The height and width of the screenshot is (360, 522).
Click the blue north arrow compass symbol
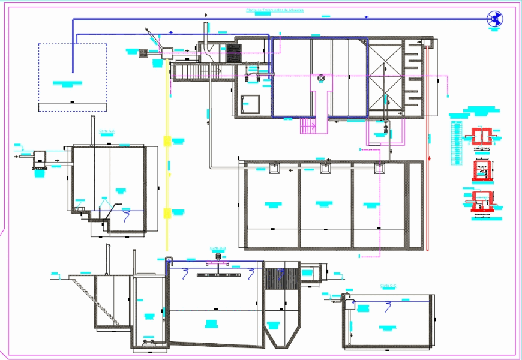pyautogui.click(x=495, y=19)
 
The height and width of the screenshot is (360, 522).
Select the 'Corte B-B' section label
pyautogui.click(x=217, y=247)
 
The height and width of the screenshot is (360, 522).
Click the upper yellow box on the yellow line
pyautogui.click(x=166, y=141)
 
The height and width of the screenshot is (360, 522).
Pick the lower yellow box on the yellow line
pyautogui.click(x=166, y=212)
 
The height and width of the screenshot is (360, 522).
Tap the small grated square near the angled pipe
pyautogui.click(x=144, y=53)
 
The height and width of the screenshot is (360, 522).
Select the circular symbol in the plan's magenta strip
pyautogui.click(x=321, y=77)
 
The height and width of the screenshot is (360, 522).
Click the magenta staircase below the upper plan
pyautogui.click(x=307, y=126)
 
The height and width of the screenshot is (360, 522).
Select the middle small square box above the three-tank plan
pyautogui.click(x=325, y=169)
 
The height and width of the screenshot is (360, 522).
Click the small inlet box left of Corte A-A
pyautogui.click(x=41, y=157)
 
